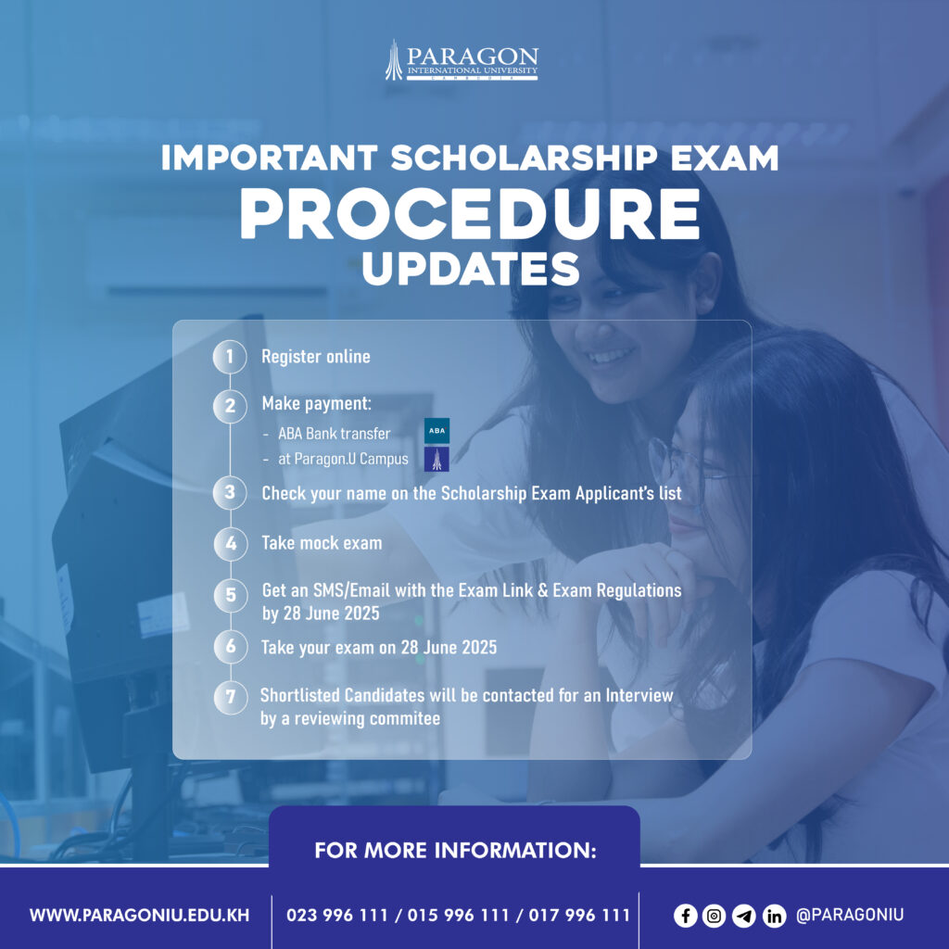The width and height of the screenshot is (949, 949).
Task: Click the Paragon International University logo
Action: [462, 60]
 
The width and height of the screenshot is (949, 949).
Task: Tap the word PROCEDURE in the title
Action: [470, 214]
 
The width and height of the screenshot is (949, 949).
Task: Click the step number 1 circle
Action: [230, 357]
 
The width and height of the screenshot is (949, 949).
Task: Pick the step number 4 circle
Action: [231, 543]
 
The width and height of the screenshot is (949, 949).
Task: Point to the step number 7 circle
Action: [231, 697]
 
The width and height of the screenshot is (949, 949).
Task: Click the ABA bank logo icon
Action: [437, 431]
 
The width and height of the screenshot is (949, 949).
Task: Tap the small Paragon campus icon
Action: [437, 460]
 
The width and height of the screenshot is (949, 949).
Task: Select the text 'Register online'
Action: [315, 357]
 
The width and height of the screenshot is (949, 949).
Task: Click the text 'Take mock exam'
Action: [322, 543]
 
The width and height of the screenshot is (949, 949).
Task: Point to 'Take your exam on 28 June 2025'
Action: [379, 648]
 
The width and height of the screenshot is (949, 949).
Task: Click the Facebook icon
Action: [685, 915]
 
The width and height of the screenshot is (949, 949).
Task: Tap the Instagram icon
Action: [715, 916]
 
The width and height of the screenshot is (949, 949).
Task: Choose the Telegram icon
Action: [744, 916]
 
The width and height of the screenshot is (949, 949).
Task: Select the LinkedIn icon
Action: [774, 916]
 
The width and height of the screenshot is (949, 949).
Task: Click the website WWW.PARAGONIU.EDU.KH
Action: [139, 915]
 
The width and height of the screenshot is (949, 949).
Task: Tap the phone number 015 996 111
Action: [458, 915]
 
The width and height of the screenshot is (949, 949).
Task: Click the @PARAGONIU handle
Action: [850, 915]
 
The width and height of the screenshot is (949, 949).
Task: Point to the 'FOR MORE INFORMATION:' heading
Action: [455, 851]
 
